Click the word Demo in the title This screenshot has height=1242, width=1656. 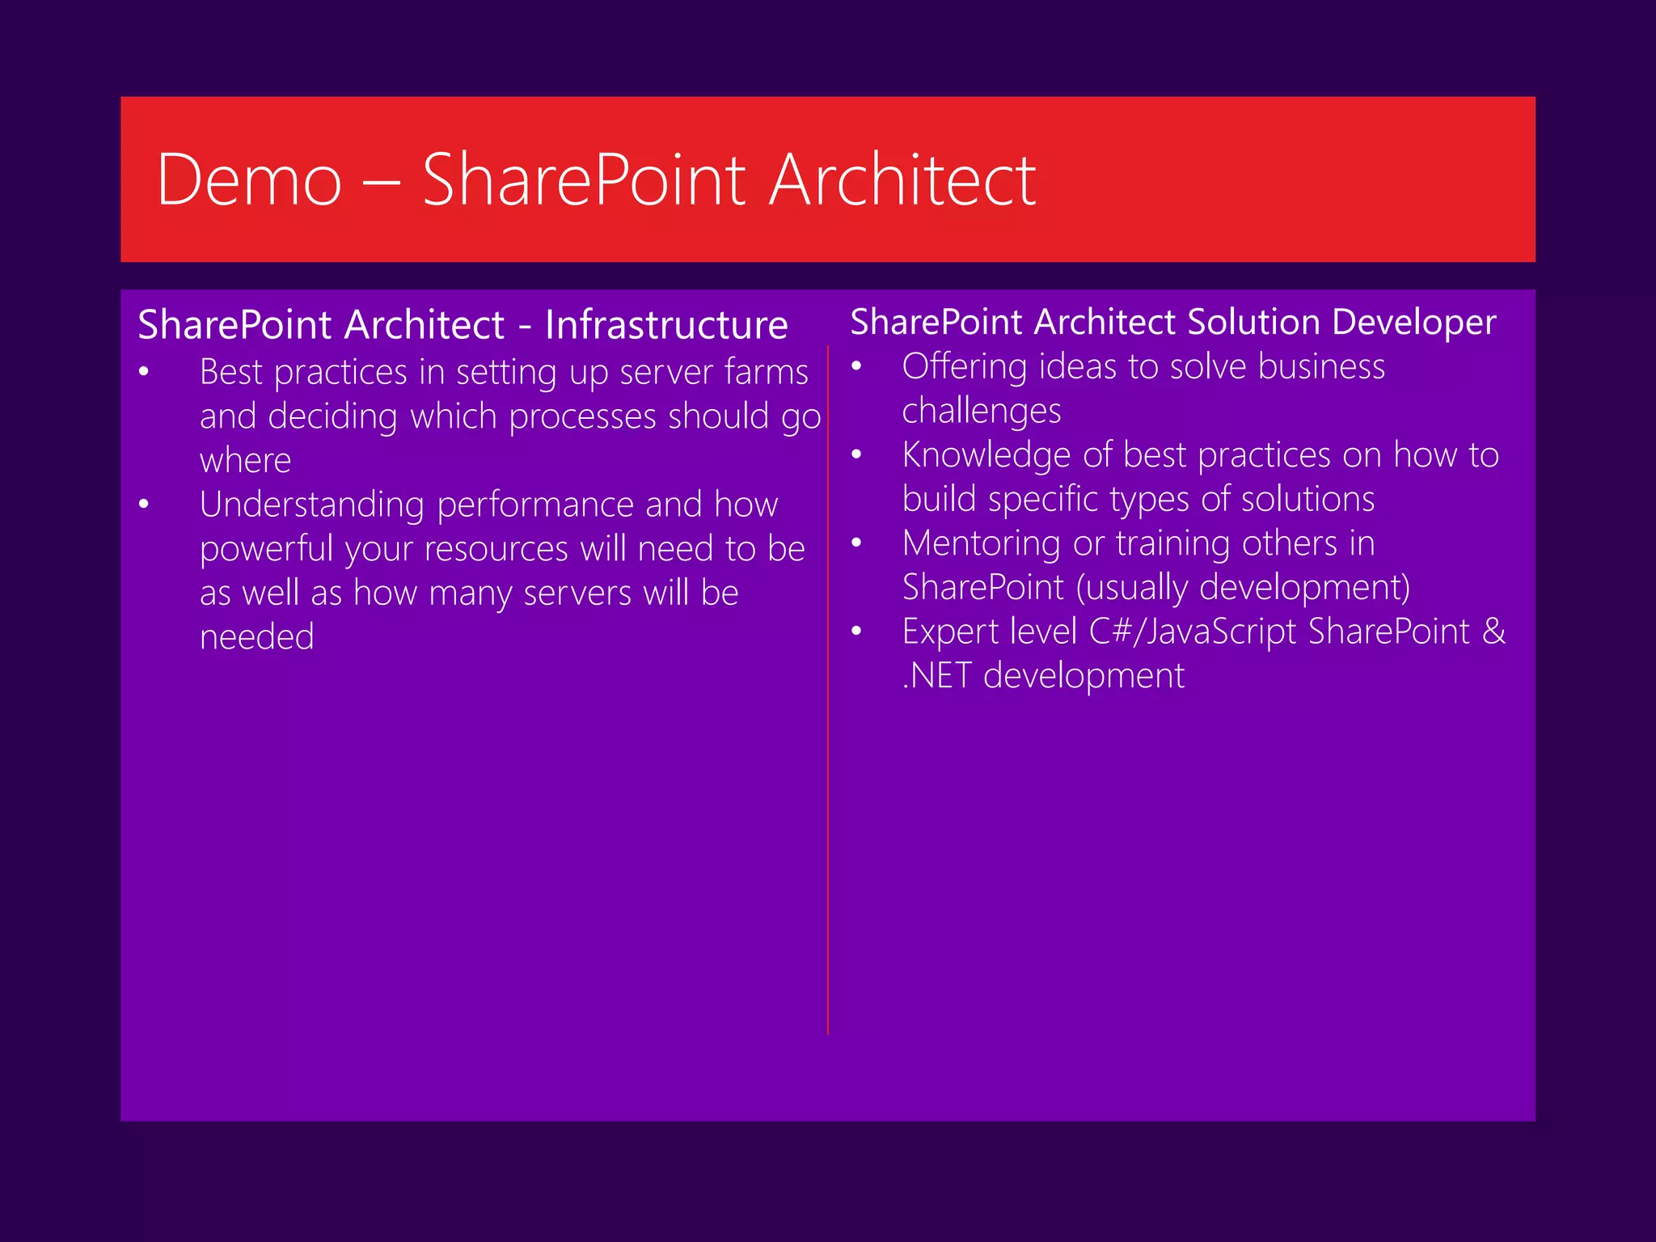(249, 180)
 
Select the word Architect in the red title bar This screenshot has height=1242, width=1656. (902, 180)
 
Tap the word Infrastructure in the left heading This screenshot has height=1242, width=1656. (666, 325)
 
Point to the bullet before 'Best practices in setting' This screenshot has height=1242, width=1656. (144, 373)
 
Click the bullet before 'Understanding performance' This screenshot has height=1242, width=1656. (144, 505)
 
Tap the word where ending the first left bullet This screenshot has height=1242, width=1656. (245, 461)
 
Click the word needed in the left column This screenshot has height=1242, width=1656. (256, 637)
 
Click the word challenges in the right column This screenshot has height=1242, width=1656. (981, 411)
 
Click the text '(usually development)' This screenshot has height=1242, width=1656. (1243, 588)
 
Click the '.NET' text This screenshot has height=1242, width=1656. (936, 676)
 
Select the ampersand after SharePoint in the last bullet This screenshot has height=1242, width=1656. (1493, 632)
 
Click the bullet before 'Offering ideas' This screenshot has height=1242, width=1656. (856, 367)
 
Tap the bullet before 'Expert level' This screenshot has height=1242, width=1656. (856, 632)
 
